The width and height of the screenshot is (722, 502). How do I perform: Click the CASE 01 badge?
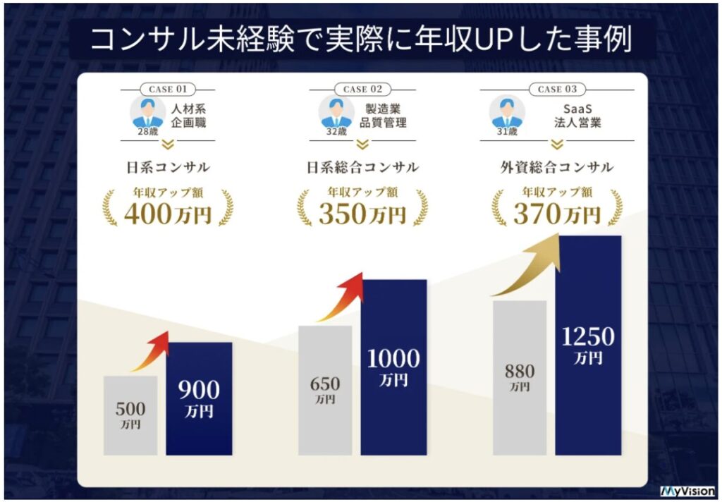coord(167,90)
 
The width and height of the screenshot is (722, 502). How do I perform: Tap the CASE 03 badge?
coord(556,90)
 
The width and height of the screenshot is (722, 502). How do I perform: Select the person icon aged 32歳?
coord(336,111)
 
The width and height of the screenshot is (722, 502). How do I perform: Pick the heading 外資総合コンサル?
coord(556,167)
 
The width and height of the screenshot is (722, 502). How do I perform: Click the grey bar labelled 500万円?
coord(130,415)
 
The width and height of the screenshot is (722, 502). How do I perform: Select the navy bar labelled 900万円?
coord(199,398)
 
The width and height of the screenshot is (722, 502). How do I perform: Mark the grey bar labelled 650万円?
coord(324,390)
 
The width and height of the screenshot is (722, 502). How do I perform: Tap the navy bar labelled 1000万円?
coord(393,367)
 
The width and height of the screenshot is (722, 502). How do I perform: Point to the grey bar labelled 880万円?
coord(519,377)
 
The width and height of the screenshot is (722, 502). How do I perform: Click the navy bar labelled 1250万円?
coord(588,345)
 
